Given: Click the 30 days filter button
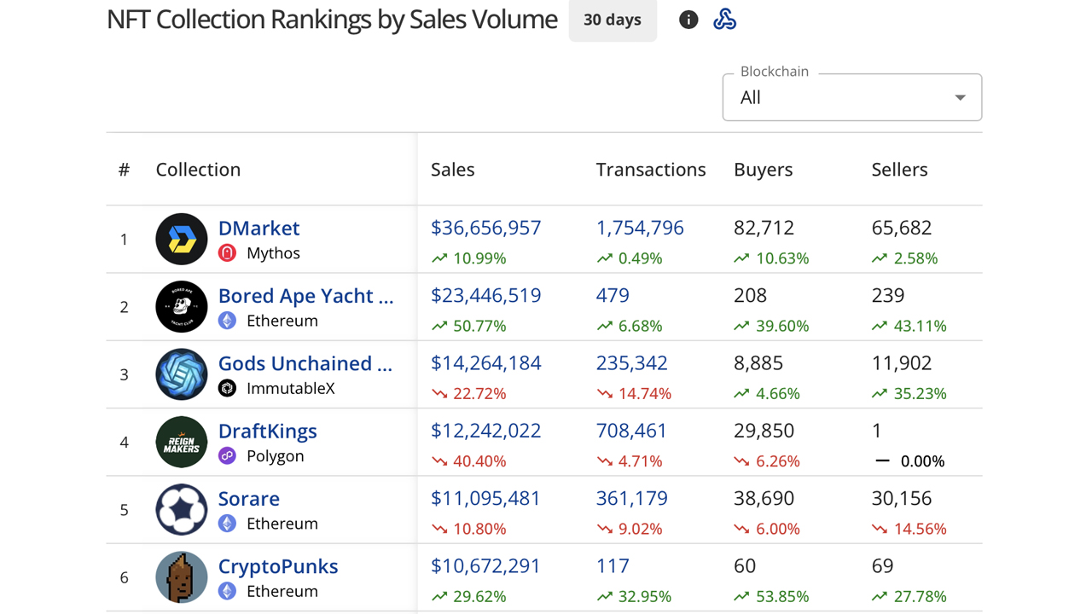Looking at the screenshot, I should click(613, 20).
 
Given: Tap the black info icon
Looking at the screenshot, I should click(688, 20).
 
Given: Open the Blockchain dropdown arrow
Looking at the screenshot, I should click(960, 97).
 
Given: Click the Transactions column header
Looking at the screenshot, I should click(650, 170).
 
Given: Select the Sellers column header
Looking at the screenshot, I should click(899, 170).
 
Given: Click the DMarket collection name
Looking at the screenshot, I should click(258, 228).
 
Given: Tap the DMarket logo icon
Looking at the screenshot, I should click(182, 239).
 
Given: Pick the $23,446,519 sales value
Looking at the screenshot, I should click(485, 295).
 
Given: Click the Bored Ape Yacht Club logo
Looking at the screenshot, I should click(182, 306).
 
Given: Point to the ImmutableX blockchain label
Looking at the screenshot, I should click(290, 388).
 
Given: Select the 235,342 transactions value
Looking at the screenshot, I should click(631, 362).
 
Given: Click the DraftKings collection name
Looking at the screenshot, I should click(267, 431).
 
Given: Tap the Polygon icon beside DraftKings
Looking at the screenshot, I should click(227, 455).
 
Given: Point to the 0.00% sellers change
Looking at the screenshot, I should click(922, 461).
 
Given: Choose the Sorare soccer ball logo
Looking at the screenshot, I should click(182, 509).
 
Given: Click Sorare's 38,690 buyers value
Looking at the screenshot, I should click(764, 498).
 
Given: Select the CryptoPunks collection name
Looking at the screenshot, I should click(278, 566).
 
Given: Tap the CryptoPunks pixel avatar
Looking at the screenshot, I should click(182, 576).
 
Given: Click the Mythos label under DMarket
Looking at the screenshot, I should click(273, 253).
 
